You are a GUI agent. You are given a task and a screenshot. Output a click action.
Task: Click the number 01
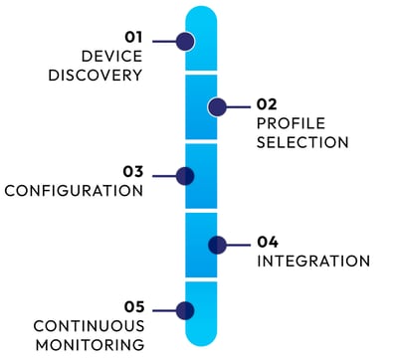tap(133, 37)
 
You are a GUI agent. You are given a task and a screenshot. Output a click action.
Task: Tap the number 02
tap(267, 103)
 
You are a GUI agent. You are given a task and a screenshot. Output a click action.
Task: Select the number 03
tap(133, 171)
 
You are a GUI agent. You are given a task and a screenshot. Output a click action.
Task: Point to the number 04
tap(268, 241)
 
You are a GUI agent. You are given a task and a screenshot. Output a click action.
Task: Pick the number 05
tap(134, 306)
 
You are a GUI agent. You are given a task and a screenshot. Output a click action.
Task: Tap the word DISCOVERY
tap(97, 75)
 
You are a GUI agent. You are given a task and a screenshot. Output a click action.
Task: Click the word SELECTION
tap(302, 142)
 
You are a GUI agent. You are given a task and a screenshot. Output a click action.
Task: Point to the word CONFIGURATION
tap(75, 191)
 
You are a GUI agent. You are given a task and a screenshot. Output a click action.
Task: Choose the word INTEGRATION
tap(313, 261)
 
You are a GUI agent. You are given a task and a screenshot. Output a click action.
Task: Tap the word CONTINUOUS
tap(90, 326)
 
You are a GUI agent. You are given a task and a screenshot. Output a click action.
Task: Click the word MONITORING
tap(90, 344)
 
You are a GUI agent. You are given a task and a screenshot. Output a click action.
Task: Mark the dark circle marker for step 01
tap(184, 41)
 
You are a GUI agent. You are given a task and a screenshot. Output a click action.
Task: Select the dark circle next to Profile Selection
tap(217, 107)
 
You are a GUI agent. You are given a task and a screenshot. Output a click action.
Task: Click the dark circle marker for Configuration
tap(184, 176)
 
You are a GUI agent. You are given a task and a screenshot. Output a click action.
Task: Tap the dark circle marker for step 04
tap(217, 244)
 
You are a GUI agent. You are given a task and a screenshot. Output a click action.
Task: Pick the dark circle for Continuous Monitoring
tap(184, 310)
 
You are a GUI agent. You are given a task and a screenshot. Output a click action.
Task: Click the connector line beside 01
tap(163, 41)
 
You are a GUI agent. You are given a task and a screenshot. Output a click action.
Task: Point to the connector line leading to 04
tap(240, 244)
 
